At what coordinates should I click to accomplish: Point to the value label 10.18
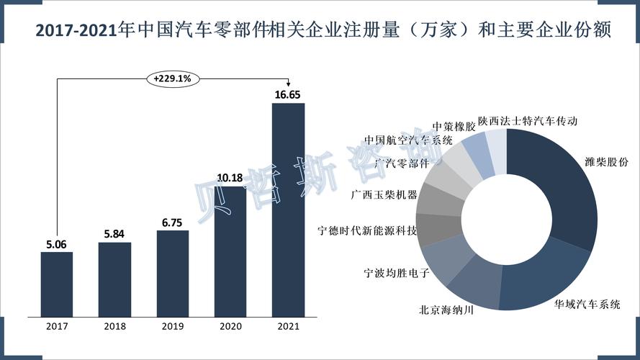[x=230, y=177]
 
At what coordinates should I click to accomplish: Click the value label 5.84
[x=114, y=234]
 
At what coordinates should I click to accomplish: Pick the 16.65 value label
[x=287, y=94]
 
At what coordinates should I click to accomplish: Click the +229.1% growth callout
[x=172, y=78]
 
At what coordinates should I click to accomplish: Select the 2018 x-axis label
[x=114, y=326]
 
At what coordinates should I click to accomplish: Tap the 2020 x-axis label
[x=230, y=326]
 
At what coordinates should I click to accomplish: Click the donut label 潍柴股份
[x=607, y=162]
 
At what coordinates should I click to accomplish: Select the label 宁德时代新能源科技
[x=367, y=231]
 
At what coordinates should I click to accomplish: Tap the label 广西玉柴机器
[x=384, y=194]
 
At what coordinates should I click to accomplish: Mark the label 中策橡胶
[x=454, y=126]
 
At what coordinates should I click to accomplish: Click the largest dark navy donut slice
[x=562, y=187]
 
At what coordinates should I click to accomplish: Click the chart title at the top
[x=320, y=31]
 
